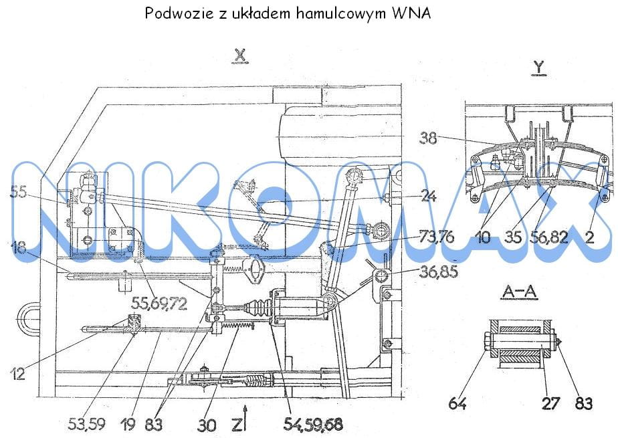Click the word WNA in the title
[411, 13]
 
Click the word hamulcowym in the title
[341, 14]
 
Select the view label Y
[538, 67]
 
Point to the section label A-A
[519, 292]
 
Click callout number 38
[428, 138]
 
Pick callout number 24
[428, 196]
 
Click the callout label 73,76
[436, 237]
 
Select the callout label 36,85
[438, 271]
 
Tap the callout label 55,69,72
[159, 304]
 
